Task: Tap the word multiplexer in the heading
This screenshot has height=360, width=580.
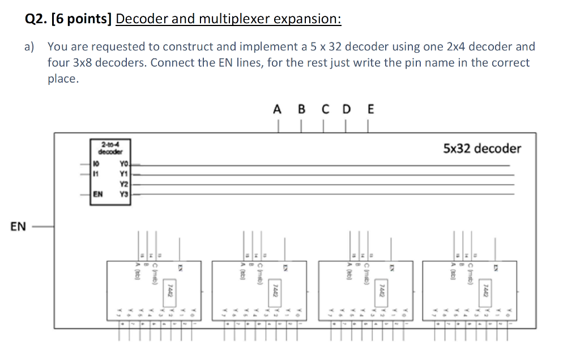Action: point(233,19)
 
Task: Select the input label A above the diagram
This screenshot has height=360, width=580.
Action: point(277,109)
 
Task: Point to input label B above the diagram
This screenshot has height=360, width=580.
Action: point(301,109)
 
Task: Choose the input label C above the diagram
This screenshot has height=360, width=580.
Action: point(324,109)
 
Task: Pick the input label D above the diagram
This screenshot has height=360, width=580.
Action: point(346,109)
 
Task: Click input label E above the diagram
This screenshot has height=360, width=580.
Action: point(370,109)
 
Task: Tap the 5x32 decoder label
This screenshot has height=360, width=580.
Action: point(481,148)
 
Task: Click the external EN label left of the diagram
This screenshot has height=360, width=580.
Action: point(18,227)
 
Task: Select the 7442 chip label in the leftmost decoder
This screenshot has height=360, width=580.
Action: point(168,292)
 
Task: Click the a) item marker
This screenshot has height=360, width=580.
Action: point(30,47)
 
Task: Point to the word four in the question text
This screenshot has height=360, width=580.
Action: point(59,63)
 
